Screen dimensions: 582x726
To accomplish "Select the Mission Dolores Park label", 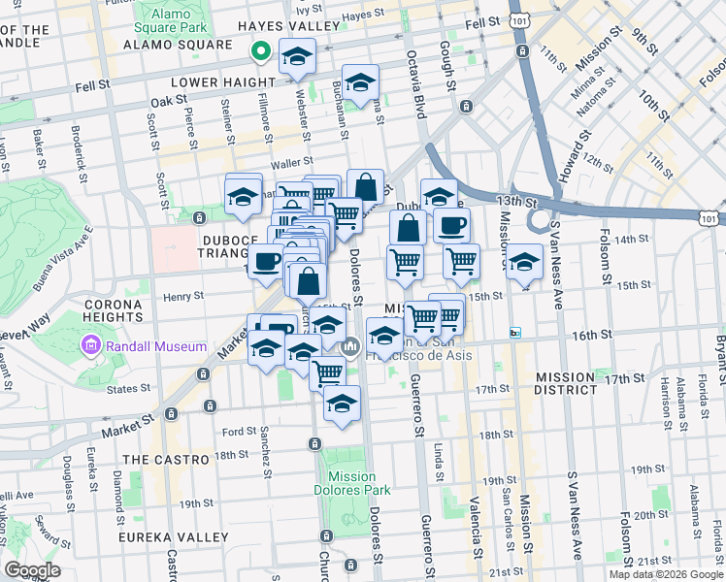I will click(x=351, y=483).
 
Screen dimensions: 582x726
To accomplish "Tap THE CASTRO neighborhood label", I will click(x=166, y=459).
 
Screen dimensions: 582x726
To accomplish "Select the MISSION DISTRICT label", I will click(x=565, y=389).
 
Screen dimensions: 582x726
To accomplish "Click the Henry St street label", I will click(x=183, y=296).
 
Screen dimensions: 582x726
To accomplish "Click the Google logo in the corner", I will click(x=33, y=569).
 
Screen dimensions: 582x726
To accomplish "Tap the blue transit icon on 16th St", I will click(x=516, y=333).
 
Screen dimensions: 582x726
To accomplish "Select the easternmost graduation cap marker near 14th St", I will click(x=524, y=261).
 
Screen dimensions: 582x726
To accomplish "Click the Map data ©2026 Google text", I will click(x=666, y=574).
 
